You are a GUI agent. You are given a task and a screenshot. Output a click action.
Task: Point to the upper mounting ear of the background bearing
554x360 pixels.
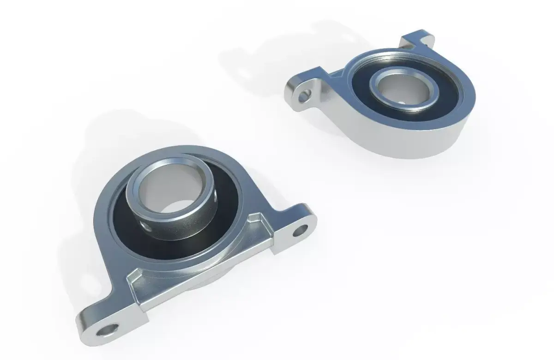418,39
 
